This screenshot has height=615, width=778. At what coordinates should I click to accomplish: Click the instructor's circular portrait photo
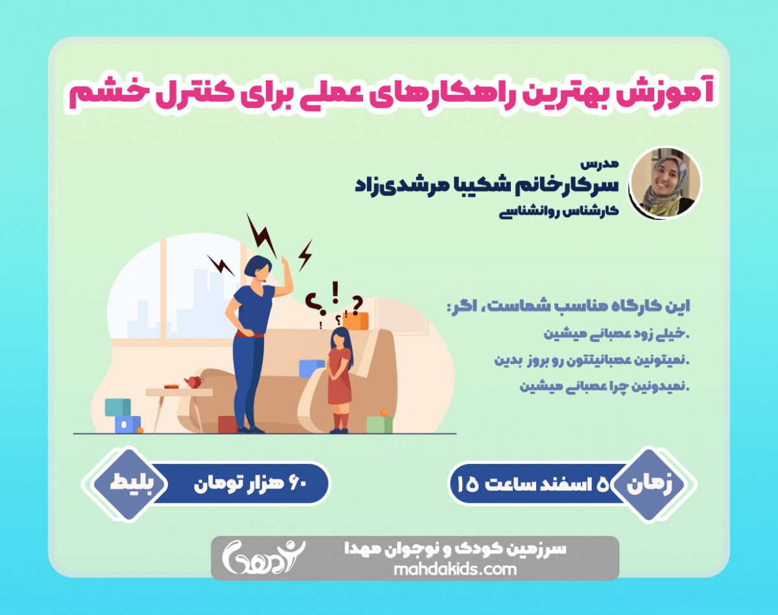click(x=665, y=182)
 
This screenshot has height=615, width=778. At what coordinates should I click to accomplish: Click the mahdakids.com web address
click(x=455, y=569)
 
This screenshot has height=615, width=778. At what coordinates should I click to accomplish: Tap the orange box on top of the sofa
click(x=356, y=320)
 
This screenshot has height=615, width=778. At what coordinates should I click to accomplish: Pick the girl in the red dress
click(x=339, y=377)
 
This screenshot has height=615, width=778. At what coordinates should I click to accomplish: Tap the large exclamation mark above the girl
click(x=335, y=293)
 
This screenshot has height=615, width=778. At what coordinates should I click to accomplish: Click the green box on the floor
click(x=379, y=424)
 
